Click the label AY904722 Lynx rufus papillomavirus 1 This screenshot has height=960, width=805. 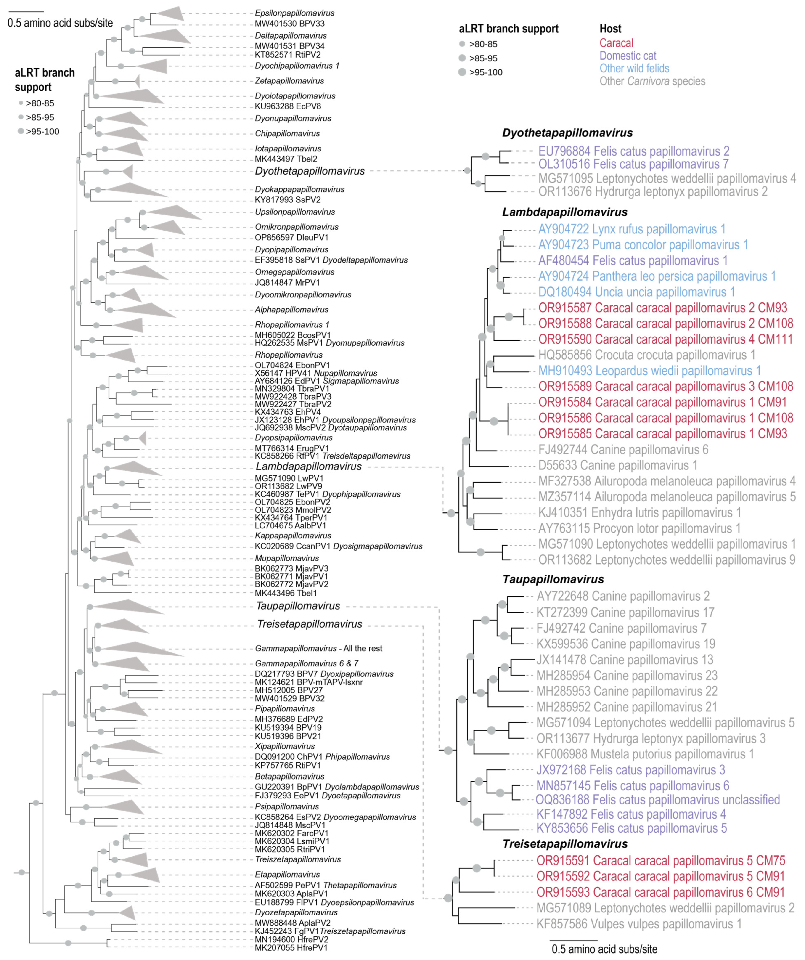[631, 229]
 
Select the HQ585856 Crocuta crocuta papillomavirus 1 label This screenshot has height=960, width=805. [646, 355]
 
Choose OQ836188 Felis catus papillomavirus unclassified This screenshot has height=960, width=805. [657, 800]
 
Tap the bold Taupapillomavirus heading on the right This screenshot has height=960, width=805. [553, 579]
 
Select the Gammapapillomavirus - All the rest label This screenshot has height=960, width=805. [318, 648]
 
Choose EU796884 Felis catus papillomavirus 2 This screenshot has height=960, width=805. [634, 151]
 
